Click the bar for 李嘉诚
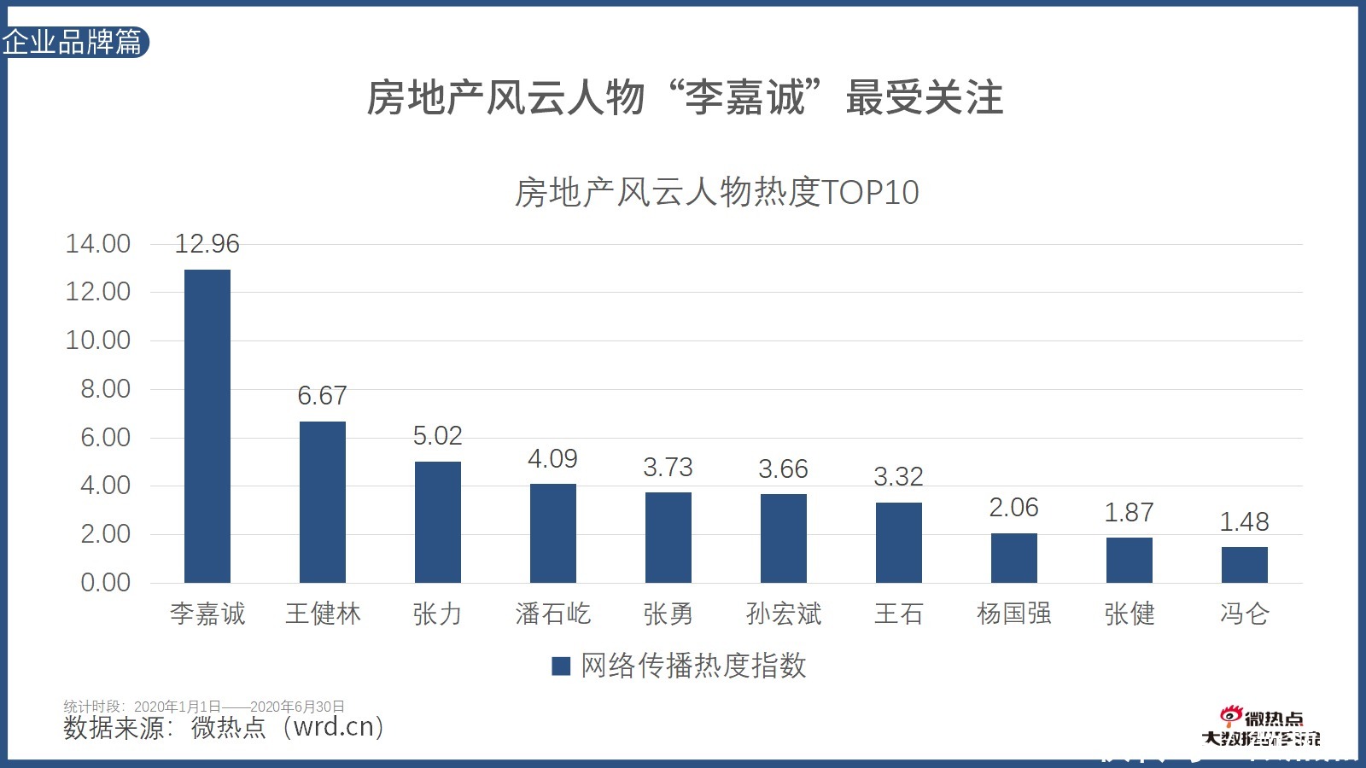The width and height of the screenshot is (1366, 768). [207, 426]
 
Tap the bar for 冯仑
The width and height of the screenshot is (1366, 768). [1244, 564]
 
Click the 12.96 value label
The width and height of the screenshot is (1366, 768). [207, 244]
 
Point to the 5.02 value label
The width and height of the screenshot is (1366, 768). [437, 436]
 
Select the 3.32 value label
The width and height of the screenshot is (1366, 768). [898, 476]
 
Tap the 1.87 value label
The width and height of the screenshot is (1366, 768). [1129, 512]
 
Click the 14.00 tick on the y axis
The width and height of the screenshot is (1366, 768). [98, 244]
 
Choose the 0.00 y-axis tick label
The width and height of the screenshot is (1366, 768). [105, 583]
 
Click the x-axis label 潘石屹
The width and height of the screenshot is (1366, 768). [553, 614]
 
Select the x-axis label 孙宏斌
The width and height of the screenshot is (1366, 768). [783, 614]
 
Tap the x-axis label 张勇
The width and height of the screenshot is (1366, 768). [668, 614]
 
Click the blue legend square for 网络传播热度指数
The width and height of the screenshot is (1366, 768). [561, 666]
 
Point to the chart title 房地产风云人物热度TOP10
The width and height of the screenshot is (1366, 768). [716, 192]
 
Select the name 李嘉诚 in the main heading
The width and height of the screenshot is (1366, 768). [745, 97]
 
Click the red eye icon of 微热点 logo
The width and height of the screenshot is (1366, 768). [1230, 716]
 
